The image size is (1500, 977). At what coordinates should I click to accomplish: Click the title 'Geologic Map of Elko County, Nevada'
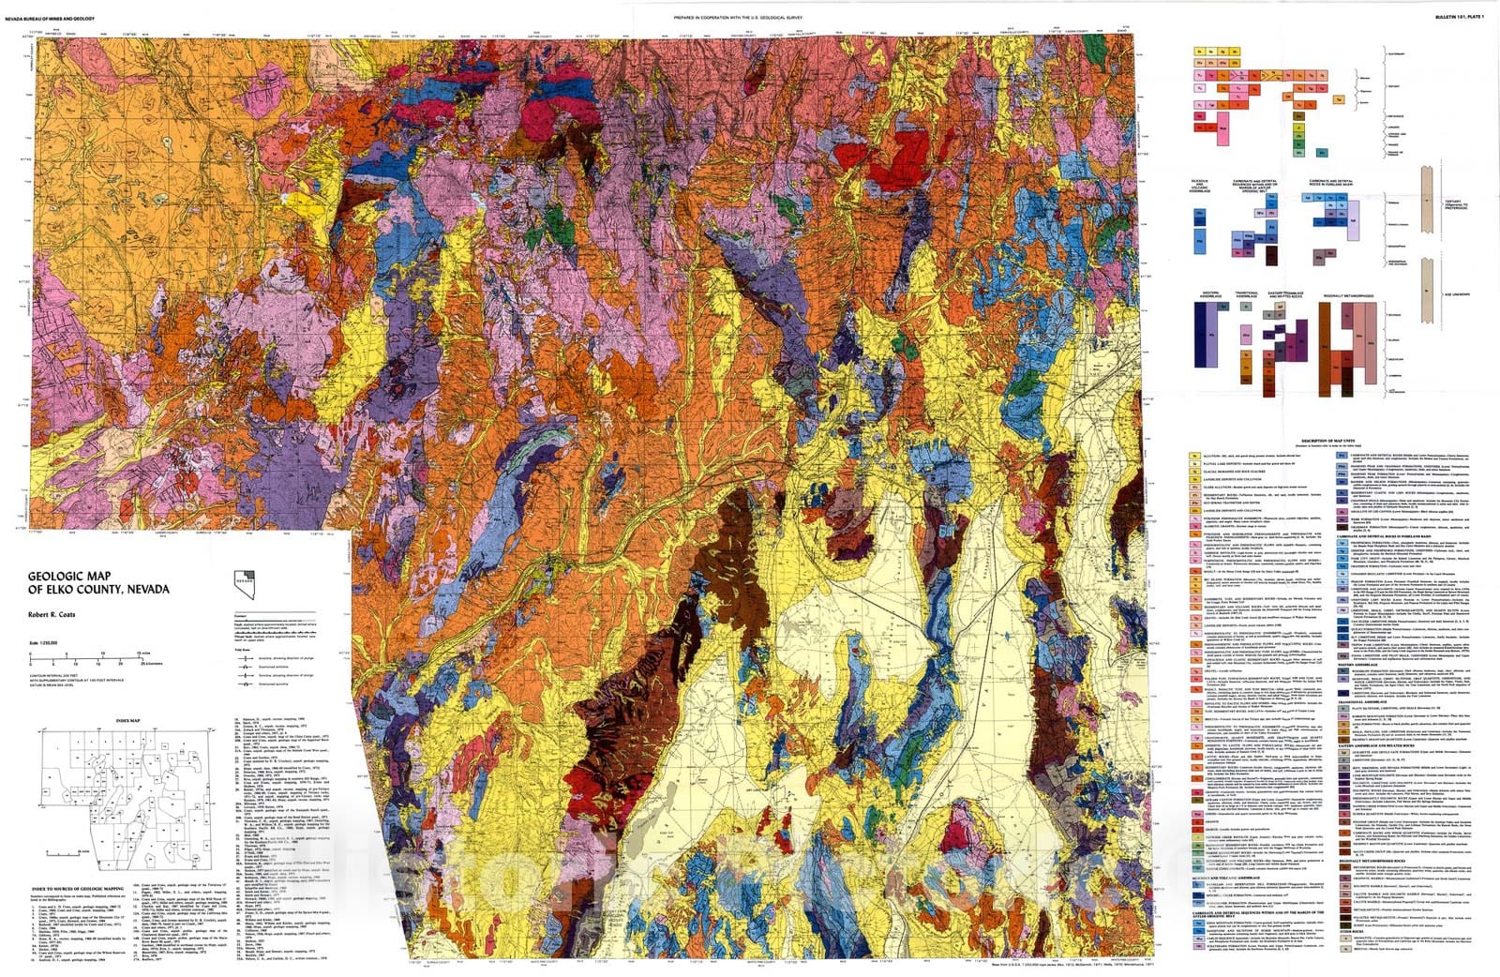(x=98, y=583)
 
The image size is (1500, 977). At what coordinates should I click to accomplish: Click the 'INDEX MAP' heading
(x=127, y=721)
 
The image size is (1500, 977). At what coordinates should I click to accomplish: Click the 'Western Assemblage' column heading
(x=1210, y=294)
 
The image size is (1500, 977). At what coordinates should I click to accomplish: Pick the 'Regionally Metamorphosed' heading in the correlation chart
(x=1348, y=296)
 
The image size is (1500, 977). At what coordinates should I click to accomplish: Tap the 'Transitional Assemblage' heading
(x=1246, y=294)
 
